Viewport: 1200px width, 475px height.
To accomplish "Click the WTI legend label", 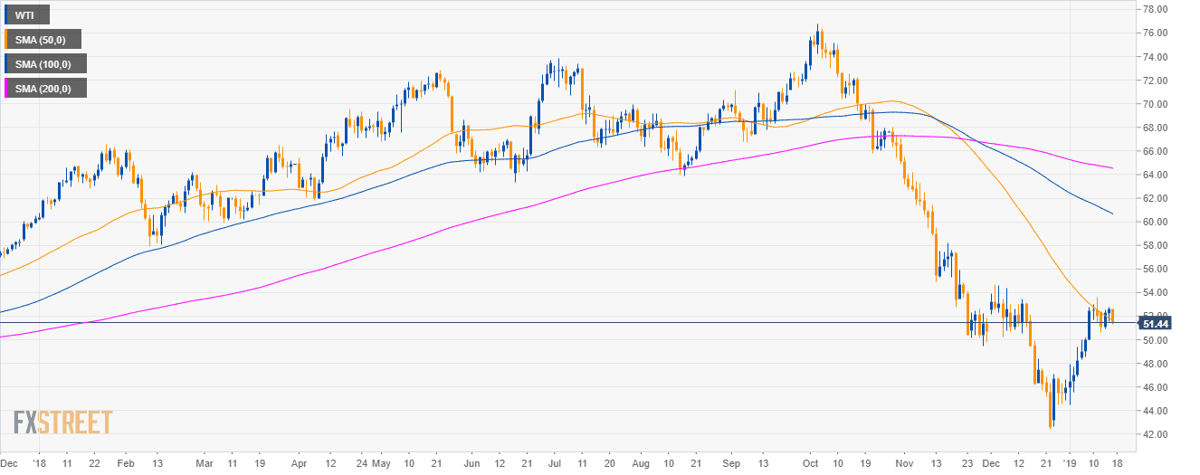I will point(26,14).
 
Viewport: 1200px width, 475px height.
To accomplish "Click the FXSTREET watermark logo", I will point(62,422).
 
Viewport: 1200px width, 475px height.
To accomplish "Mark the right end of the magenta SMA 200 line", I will point(1112,168).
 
